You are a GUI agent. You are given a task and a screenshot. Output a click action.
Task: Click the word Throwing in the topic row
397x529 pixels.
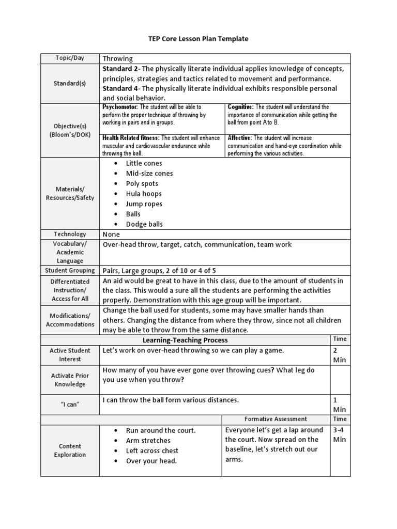[x=118, y=58]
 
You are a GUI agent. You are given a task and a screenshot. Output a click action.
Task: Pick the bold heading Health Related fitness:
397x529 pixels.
[x=132, y=138]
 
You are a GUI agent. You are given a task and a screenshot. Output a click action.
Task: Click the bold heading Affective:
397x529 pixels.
[x=240, y=138]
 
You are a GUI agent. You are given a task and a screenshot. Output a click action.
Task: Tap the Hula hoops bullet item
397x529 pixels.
[x=144, y=194]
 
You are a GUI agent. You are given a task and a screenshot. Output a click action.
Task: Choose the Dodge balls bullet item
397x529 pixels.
[x=144, y=224]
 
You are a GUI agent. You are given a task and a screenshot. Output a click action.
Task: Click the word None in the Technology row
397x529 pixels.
[x=112, y=234]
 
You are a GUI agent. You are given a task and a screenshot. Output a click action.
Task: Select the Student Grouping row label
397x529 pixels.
[x=70, y=270]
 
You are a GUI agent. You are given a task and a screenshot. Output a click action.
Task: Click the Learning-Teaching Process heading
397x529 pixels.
[x=185, y=340]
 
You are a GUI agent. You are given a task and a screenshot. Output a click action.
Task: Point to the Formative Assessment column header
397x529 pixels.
[x=276, y=419]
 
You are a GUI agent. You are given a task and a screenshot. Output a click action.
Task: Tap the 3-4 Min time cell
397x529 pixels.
[x=340, y=434]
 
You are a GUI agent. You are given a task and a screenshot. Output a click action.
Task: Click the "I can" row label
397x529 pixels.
[x=70, y=404]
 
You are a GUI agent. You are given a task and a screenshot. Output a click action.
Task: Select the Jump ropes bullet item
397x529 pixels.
[x=144, y=204]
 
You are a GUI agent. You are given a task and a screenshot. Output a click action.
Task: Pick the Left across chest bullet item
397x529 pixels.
[x=152, y=450]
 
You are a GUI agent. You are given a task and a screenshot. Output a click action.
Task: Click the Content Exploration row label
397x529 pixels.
[x=70, y=450]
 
